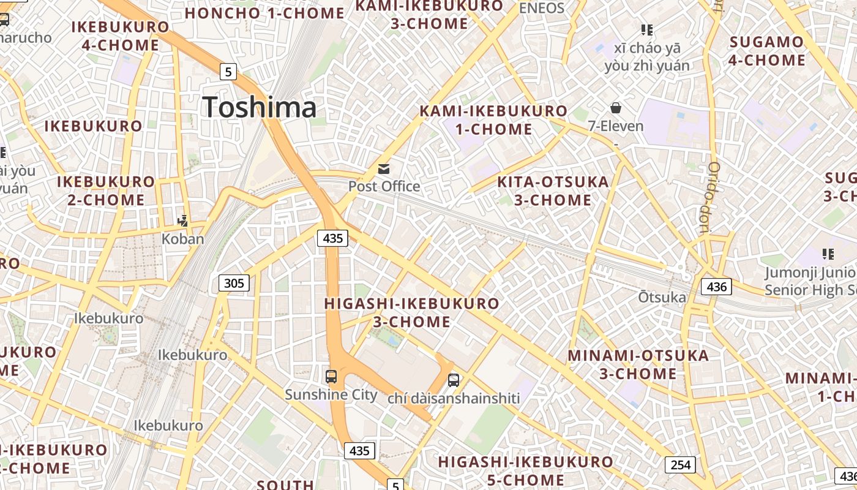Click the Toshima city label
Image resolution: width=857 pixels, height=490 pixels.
[x=260, y=107]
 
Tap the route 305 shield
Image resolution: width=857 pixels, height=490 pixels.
[x=234, y=283]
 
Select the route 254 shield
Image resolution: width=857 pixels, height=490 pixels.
[x=680, y=465]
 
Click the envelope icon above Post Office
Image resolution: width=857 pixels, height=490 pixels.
[x=384, y=169]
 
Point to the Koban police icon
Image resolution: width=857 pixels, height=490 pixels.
[x=182, y=221]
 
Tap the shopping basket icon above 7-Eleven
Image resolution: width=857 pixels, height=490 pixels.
[x=616, y=108]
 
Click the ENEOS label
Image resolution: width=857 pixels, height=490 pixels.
[x=541, y=8]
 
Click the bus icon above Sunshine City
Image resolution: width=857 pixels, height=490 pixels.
[x=331, y=377]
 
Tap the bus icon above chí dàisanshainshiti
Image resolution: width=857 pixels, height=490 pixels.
[x=454, y=380]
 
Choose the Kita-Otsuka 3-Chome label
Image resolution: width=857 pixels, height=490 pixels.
[x=553, y=190]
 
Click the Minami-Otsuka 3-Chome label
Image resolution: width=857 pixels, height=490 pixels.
[x=638, y=364]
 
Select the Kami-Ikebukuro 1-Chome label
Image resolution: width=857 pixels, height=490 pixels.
[x=493, y=120]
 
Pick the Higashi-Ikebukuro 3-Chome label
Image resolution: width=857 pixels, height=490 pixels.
[x=411, y=312]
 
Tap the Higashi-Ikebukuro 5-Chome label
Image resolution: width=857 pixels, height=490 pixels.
[x=525, y=470]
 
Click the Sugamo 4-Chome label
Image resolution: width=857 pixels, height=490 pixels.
[x=766, y=51]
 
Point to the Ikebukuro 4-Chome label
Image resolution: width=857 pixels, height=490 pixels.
[x=120, y=36]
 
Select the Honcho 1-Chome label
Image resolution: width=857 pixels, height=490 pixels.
[x=264, y=13]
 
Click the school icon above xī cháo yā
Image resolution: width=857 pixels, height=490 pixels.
[x=646, y=29]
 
